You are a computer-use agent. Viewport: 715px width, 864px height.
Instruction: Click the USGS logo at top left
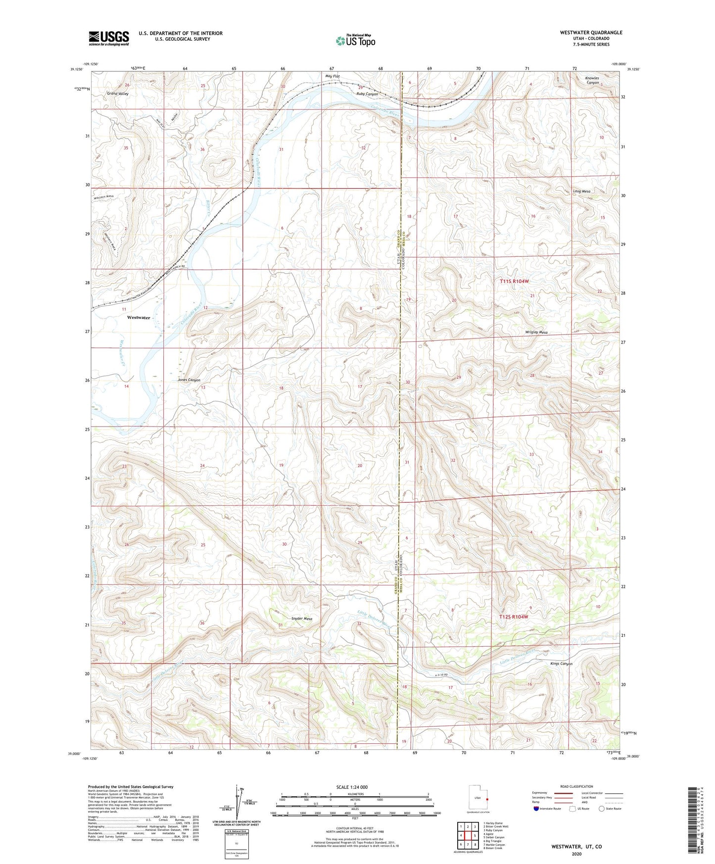[x=108, y=38]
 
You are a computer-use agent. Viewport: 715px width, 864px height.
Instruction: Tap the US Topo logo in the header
[x=355, y=41]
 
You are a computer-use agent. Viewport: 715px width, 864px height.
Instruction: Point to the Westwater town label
[x=139, y=318]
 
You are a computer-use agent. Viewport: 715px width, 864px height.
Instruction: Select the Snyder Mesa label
[x=302, y=619]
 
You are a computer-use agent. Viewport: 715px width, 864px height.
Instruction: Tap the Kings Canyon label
[x=561, y=664]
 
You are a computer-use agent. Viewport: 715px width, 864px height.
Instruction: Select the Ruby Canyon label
[x=367, y=94]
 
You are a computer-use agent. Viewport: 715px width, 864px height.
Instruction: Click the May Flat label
[x=333, y=76]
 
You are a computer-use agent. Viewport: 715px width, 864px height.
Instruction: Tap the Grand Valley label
[x=117, y=94]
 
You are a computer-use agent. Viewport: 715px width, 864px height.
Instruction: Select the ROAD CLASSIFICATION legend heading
[x=576, y=786]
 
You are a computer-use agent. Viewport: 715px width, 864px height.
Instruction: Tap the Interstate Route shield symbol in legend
[x=537, y=809]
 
